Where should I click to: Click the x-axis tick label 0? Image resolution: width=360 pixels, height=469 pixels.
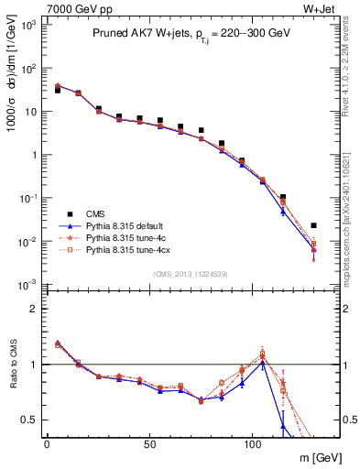47,445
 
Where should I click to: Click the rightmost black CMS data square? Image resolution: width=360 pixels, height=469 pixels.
313,225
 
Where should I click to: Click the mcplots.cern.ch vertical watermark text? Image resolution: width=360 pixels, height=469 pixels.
351,192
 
